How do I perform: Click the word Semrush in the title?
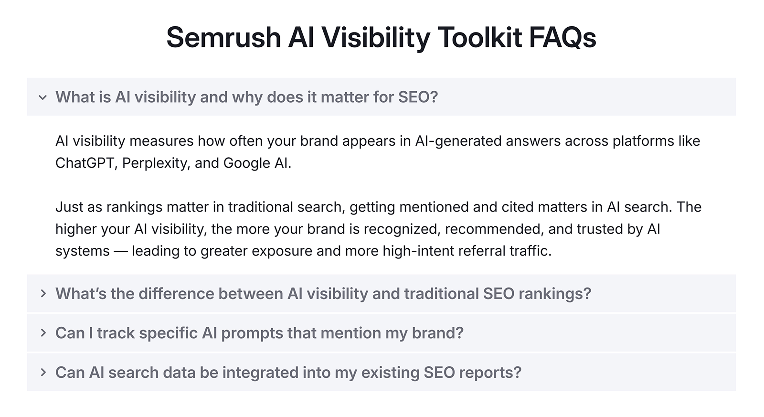[x=223, y=37]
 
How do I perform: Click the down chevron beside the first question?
[x=43, y=97]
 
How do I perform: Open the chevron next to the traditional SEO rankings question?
[x=43, y=293]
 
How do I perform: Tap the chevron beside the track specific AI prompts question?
[x=43, y=333]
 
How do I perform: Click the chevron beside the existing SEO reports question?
[x=43, y=373]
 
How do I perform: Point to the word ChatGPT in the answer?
[x=85, y=163]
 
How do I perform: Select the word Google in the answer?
[x=246, y=163]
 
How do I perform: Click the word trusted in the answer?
[x=600, y=229]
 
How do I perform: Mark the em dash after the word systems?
[x=121, y=251]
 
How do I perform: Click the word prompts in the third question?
[x=252, y=333]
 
